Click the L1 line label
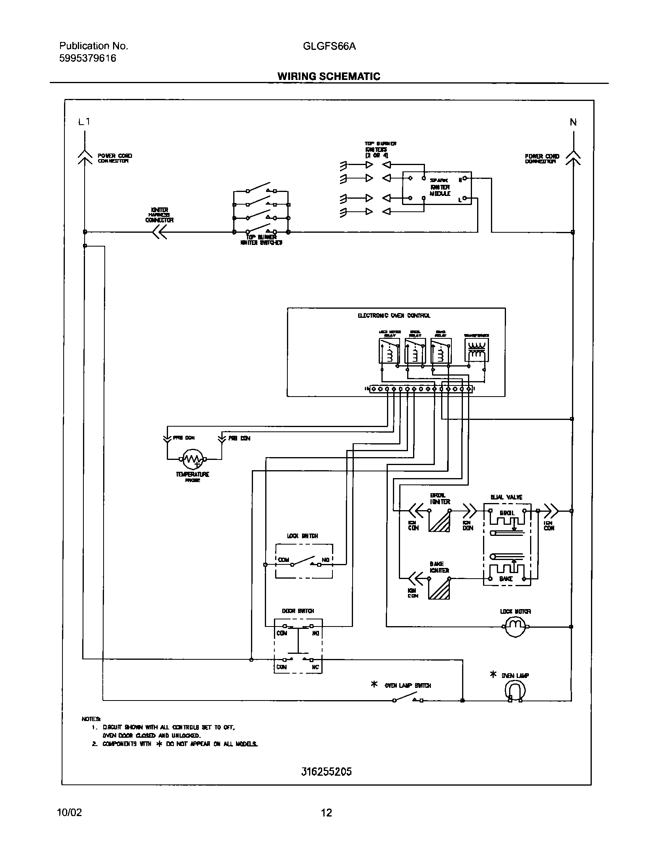click(84, 122)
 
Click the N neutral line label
click(573, 122)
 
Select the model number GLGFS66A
click(329, 46)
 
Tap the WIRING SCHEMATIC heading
click(328, 76)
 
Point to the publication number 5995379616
click(88, 58)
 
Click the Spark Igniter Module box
click(436, 188)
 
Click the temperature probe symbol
click(193, 459)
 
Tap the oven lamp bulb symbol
click(515, 691)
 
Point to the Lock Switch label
click(302, 536)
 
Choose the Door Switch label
click(298, 611)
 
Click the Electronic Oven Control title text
click(394, 316)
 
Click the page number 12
click(326, 813)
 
